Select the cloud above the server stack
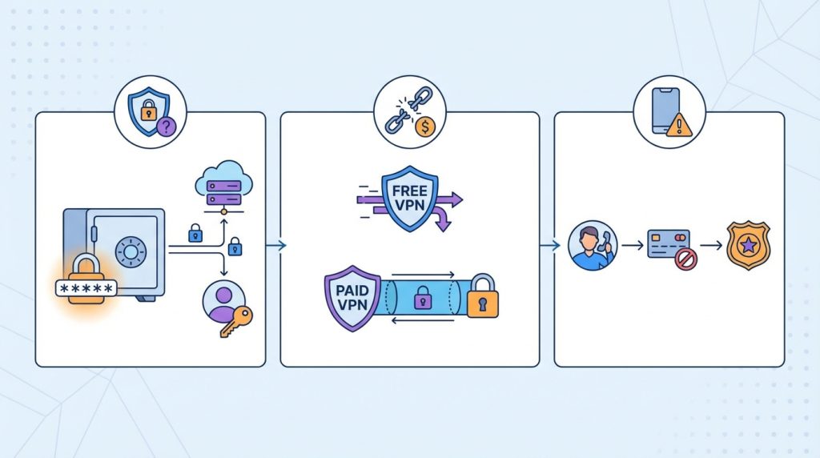coord(219,174)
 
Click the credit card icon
coord(668,243)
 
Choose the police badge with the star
coord(747,245)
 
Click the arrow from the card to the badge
coord(709,245)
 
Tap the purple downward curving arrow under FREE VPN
coord(441,218)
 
